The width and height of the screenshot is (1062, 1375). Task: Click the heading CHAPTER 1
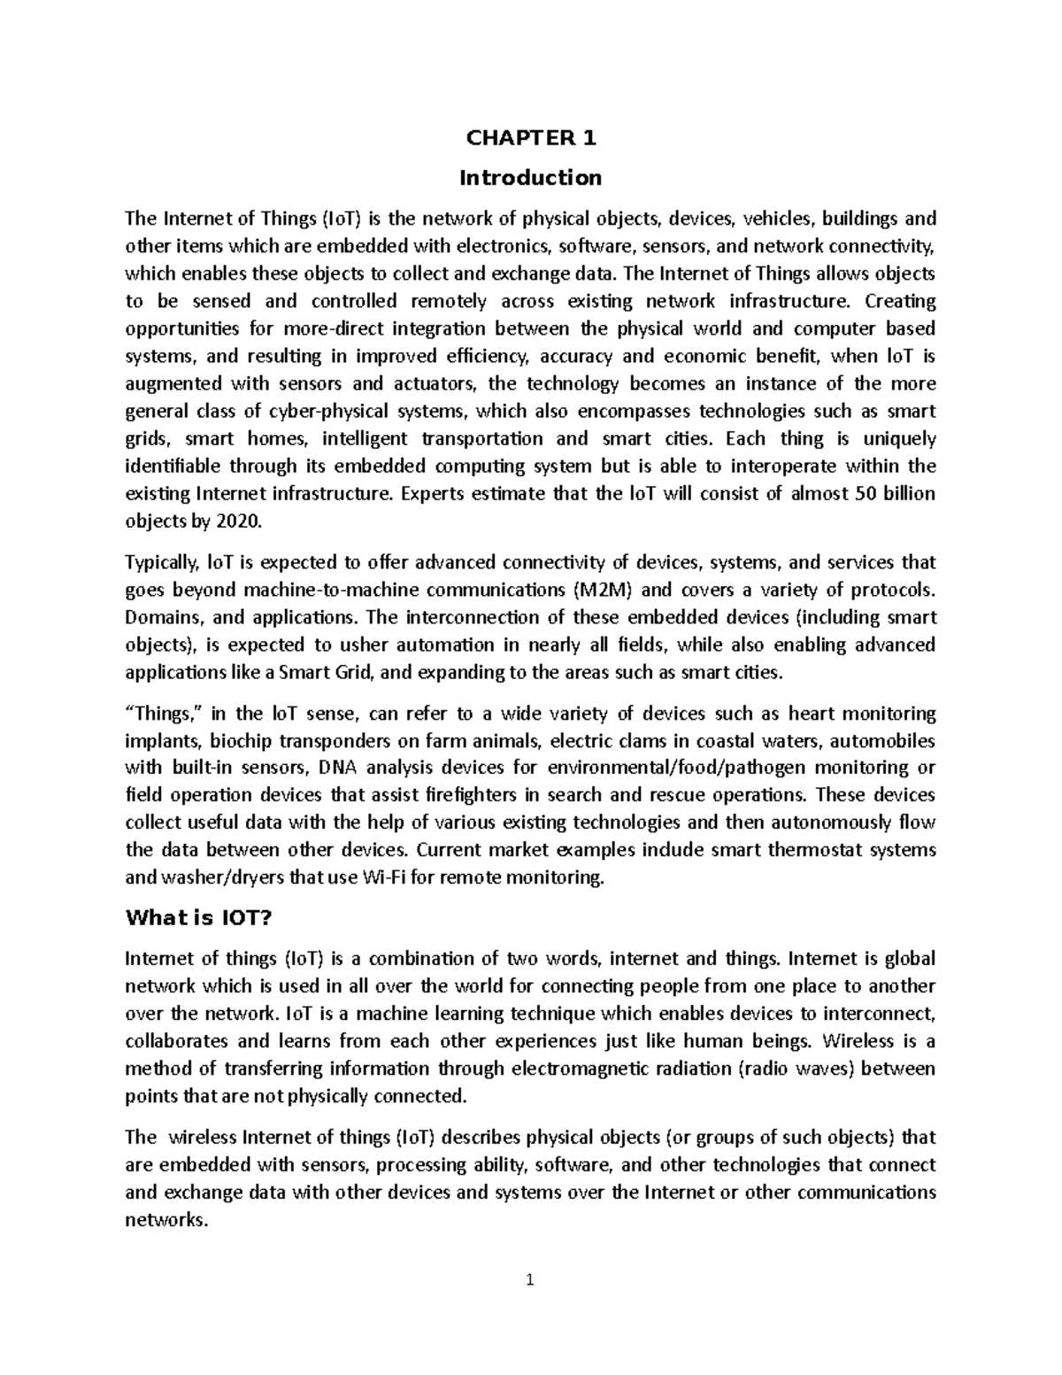click(x=530, y=138)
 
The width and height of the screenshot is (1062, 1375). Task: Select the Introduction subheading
click(x=530, y=178)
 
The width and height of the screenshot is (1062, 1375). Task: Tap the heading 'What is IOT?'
click(x=197, y=918)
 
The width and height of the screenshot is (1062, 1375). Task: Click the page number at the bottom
click(x=530, y=1279)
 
